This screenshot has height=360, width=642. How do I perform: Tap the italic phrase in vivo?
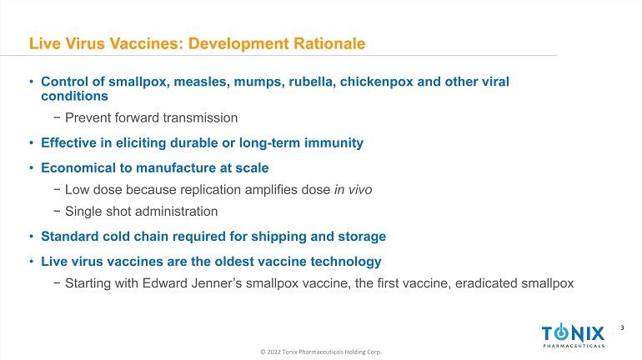(353, 190)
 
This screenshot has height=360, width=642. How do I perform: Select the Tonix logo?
(574, 336)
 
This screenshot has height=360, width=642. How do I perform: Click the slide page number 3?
(622, 327)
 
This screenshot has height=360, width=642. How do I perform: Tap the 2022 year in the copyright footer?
(274, 352)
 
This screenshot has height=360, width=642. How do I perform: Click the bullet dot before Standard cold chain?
(31, 237)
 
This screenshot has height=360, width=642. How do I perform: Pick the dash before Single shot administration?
(57, 212)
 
